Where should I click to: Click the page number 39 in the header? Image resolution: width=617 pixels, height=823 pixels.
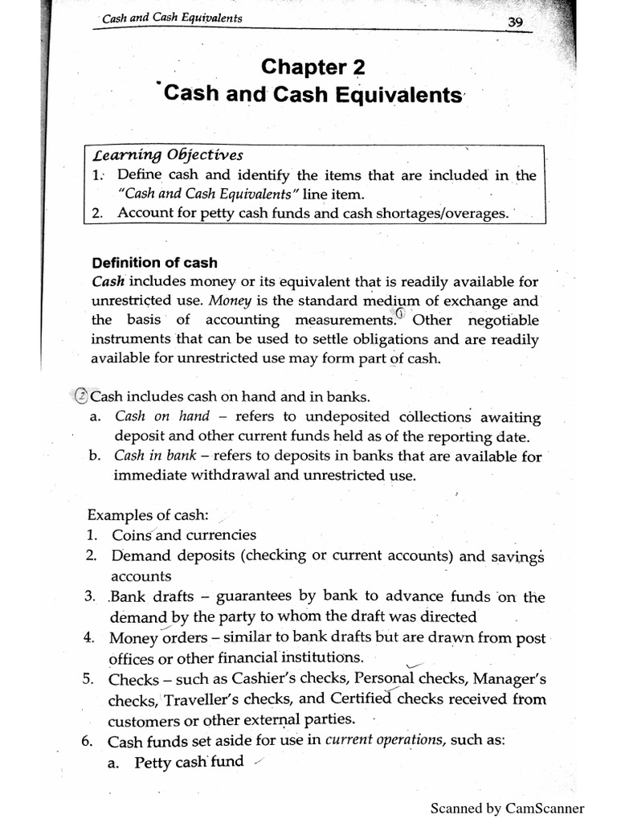click(x=515, y=23)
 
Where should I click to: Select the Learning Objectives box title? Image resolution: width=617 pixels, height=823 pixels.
click(x=168, y=155)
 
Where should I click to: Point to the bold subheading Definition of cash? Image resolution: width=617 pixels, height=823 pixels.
click(x=154, y=263)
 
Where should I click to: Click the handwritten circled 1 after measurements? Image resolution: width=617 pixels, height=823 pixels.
click(x=401, y=316)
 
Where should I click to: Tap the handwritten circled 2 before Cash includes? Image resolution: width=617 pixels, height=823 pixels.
click(x=80, y=396)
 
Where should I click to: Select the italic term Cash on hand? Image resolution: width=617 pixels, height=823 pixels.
click(x=161, y=416)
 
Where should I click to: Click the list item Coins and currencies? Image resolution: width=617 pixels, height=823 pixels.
click(x=184, y=534)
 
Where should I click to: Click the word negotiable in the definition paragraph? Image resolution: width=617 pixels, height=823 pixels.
click(x=499, y=320)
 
